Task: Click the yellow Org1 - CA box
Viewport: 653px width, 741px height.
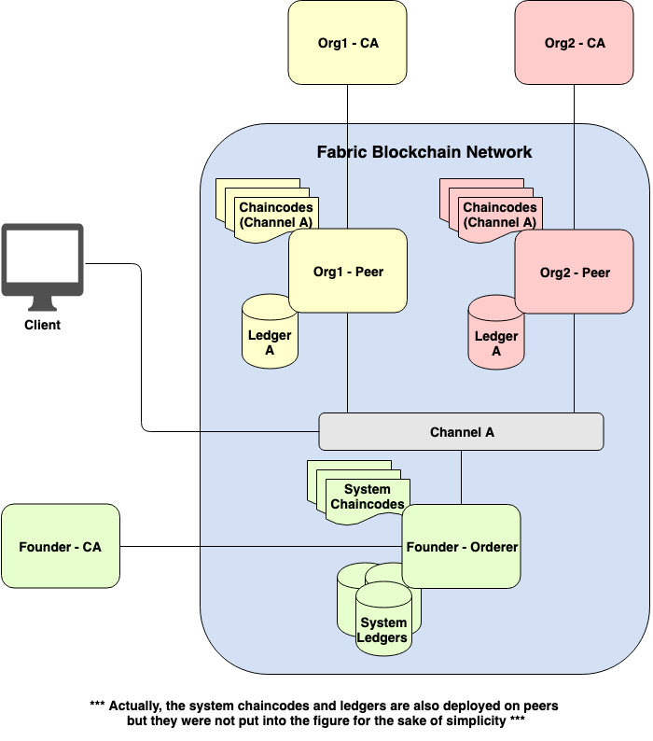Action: point(347,43)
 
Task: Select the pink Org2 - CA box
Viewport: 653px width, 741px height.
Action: point(574,43)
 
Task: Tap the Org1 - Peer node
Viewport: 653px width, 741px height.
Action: point(348,272)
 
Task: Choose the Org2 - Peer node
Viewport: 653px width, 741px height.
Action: point(575,273)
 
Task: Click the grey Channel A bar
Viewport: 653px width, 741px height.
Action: point(461,432)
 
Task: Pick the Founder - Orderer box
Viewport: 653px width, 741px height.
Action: point(461,547)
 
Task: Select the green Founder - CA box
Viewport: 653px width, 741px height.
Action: point(61,547)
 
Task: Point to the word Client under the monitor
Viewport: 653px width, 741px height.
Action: point(42,325)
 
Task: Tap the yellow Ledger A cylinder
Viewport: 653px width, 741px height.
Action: point(270,336)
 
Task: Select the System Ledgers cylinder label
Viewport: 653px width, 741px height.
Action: point(383,630)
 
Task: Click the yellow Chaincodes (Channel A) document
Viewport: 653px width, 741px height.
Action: point(275,216)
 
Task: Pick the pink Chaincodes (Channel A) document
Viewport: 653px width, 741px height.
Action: point(499,216)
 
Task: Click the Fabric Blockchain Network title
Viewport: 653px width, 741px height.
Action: point(424,152)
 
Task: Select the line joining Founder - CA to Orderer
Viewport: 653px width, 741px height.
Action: point(261,547)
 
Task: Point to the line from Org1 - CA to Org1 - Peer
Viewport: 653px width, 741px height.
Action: point(348,140)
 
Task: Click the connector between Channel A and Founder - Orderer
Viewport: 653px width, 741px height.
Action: point(461,477)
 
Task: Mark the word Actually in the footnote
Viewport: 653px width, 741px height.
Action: point(140,706)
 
